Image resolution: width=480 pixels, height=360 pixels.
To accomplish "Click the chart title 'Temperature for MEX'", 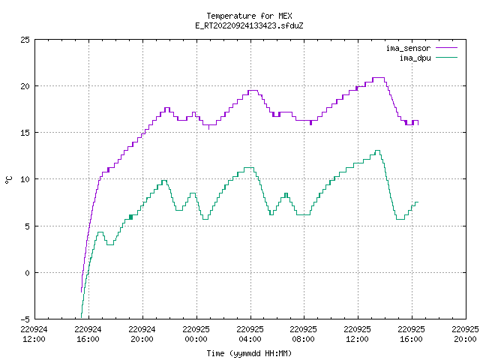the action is coord(249,16).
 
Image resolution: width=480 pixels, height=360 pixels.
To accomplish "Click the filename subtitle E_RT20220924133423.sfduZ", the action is coord(249,25).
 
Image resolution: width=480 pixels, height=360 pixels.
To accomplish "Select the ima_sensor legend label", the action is coord(408,48).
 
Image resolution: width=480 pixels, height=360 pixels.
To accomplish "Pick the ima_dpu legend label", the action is coord(415,58).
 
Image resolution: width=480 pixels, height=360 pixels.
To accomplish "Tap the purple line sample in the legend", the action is coord(447,48).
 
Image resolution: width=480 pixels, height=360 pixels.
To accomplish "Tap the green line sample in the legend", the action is coord(447,57).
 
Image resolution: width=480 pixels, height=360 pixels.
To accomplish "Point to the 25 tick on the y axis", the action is coord(25,40).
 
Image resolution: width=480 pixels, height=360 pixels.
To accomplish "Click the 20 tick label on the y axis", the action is coord(25,86).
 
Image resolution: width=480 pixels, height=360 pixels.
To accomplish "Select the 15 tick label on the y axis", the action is coord(25,133).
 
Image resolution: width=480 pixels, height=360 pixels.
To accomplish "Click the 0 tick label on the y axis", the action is coord(28,273).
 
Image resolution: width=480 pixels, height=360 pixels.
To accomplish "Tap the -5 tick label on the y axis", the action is coord(25,319).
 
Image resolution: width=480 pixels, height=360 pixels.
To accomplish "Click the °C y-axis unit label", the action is coord(9,180).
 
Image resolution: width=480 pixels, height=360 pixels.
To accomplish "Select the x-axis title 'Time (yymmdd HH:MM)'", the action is coord(249,353).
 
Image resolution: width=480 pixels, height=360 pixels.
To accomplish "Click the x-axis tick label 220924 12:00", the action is coord(34,334).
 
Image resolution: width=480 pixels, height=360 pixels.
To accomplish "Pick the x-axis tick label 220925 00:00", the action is coord(196,334).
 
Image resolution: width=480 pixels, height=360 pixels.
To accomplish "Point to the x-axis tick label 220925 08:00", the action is coord(303,334).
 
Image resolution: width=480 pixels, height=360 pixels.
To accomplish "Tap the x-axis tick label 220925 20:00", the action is coord(465,334).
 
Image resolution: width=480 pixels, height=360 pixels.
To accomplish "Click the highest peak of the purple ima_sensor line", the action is coord(379,78).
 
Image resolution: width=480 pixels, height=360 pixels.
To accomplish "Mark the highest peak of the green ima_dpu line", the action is coord(378,151).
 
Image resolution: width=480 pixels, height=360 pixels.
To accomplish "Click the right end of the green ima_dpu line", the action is coord(418,202).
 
